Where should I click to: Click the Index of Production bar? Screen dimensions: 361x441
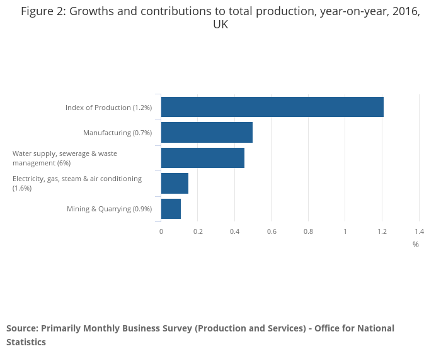(x=272, y=107)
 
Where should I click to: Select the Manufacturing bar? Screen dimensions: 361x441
(x=207, y=133)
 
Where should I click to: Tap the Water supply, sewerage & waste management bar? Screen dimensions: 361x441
(x=203, y=158)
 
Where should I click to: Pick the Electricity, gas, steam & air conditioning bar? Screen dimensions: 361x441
(x=175, y=183)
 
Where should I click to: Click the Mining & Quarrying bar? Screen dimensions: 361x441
(x=171, y=209)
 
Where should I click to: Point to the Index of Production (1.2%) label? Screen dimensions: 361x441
(x=108, y=108)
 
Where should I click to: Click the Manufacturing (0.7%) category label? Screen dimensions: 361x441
(x=117, y=133)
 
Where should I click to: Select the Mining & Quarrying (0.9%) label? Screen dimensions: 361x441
(x=109, y=209)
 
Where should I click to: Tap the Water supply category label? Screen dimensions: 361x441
(x=65, y=158)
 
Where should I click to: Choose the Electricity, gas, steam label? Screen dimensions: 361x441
(x=77, y=183)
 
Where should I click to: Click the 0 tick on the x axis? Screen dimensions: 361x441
(x=161, y=231)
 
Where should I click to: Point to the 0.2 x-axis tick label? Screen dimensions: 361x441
(x=198, y=231)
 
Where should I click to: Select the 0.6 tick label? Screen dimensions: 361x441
(x=272, y=231)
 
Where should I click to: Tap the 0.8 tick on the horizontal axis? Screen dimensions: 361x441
(x=308, y=231)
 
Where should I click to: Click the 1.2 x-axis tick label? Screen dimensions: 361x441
(x=382, y=231)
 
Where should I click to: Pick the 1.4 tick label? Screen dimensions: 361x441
(x=419, y=231)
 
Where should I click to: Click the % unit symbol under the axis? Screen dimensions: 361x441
(x=416, y=245)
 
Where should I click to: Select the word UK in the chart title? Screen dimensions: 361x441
(x=220, y=25)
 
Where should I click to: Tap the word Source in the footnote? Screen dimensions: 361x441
(x=21, y=328)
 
